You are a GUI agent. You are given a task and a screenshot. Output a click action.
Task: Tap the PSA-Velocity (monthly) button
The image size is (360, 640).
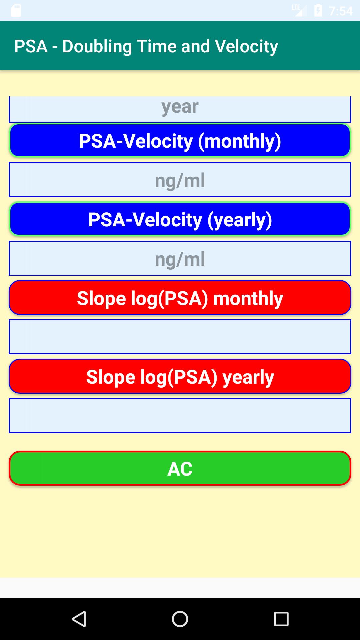(180, 140)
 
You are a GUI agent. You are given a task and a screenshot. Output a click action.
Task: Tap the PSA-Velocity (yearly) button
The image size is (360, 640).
(180, 219)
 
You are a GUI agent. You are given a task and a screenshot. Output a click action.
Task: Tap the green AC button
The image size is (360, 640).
(180, 468)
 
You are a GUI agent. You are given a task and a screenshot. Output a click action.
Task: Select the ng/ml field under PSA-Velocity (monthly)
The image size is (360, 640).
(180, 179)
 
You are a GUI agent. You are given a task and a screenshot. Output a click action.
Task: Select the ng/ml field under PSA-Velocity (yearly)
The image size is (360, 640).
(180, 258)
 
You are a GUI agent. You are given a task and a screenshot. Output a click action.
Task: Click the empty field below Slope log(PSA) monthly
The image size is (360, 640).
(180, 337)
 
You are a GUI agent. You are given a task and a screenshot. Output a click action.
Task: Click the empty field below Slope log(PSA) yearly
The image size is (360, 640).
(180, 415)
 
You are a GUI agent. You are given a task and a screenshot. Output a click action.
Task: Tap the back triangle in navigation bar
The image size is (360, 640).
(79, 619)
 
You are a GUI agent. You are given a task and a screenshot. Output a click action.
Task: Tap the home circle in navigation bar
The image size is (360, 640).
(180, 619)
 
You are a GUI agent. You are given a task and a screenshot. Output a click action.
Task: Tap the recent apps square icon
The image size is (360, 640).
(281, 619)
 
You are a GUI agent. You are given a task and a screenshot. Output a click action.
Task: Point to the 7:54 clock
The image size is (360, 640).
(341, 11)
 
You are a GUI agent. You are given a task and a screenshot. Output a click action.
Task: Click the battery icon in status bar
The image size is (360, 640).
(318, 11)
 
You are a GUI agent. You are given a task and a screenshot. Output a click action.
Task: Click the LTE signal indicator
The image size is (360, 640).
(299, 10)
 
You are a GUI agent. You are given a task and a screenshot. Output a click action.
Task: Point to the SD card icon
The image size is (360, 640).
(16, 11)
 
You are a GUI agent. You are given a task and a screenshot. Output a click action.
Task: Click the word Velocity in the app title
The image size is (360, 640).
(246, 47)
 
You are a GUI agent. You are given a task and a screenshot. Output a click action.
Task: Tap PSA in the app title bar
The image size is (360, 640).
(31, 46)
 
